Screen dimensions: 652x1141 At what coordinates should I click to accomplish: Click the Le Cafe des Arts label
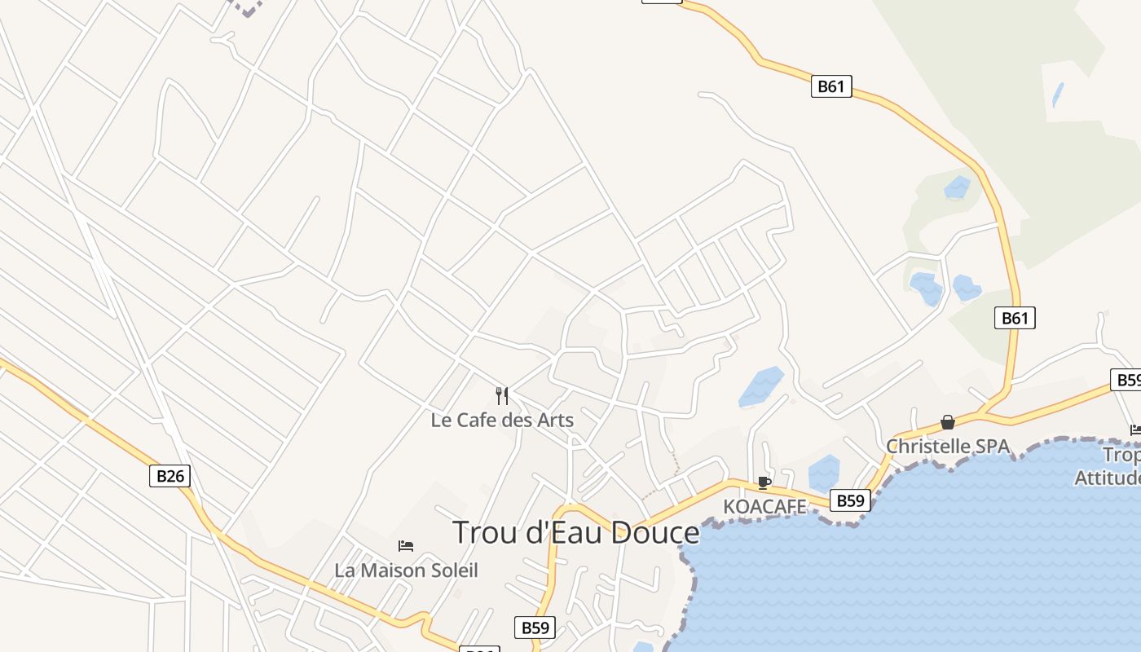[x=502, y=421]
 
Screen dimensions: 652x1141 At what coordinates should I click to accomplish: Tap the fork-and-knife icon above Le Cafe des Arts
[x=502, y=396]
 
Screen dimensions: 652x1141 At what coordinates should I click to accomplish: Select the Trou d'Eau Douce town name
[x=575, y=532]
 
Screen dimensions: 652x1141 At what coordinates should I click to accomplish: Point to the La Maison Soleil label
[x=406, y=570]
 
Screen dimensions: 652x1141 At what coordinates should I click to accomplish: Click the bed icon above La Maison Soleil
[x=406, y=545]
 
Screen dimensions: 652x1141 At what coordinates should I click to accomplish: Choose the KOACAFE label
[x=764, y=507]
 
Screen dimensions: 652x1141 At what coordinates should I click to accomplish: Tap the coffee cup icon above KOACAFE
[x=764, y=482]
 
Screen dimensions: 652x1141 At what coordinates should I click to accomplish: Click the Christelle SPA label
[x=948, y=447]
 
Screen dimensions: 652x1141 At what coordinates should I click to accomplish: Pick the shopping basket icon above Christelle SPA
[x=948, y=422]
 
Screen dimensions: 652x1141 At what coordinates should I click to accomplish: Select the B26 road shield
[x=170, y=476]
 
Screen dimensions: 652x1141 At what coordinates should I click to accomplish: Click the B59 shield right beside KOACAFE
[x=850, y=500]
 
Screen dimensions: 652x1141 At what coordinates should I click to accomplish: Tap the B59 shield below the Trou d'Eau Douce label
[x=535, y=628]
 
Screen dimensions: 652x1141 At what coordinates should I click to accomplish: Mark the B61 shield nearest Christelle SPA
[x=1015, y=318]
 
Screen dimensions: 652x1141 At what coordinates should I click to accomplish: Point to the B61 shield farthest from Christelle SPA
[x=831, y=86]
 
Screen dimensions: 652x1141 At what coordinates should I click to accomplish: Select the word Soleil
[x=452, y=570]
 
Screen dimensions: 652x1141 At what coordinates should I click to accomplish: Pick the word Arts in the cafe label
[x=556, y=421]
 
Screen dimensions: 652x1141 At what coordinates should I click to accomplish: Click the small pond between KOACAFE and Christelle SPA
[x=824, y=474]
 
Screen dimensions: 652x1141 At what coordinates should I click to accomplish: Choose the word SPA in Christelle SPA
[x=992, y=447]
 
